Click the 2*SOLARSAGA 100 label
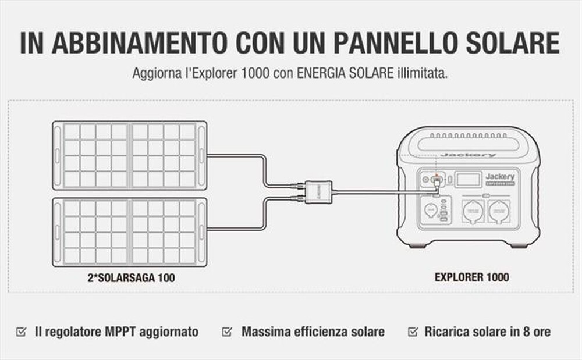pos(128,277)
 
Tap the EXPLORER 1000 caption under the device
pos(471,277)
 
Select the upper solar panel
pos(129,155)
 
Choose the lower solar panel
pos(129,231)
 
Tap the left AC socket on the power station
pos(473,211)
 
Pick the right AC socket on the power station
pos(499,211)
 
